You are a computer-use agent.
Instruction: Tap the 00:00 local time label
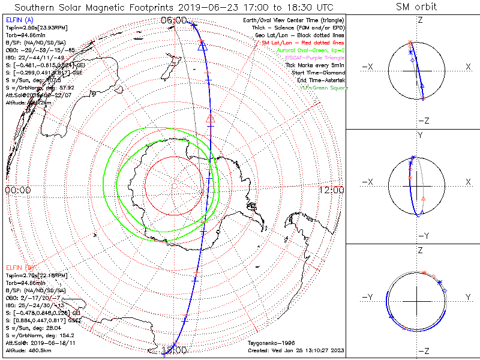coord(17,190)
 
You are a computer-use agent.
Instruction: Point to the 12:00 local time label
coord(331,190)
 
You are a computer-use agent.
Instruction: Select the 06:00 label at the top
coord(174,20)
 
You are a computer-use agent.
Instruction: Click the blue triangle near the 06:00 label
coord(202,45)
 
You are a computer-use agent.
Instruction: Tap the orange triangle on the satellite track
coord(210,118)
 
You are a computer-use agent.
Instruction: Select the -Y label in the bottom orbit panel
coord(368,297)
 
